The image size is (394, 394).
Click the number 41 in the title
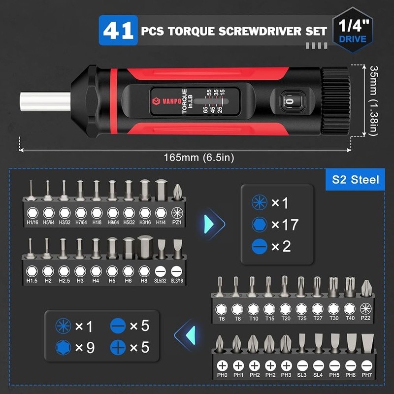tap(118, 31)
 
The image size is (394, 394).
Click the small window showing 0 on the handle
tap(289, 102)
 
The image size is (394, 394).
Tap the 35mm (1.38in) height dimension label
tap(376, 102)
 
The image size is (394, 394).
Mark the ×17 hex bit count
tap(285, 225)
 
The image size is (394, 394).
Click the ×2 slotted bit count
tap(281, 246)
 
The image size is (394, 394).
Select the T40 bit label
tap(350, 319)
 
